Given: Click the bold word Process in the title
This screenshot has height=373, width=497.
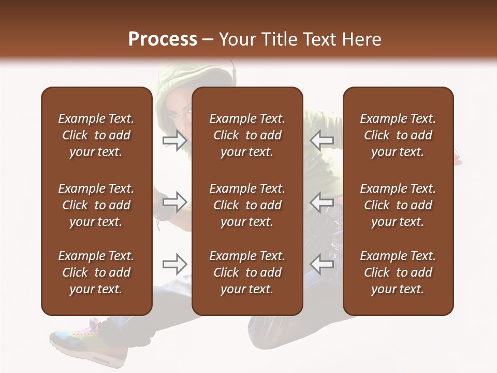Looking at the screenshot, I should pyautogui.click(x=163, y=39).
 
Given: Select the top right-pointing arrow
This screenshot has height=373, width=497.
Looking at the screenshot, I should pyautogui.click(x=174, y=140).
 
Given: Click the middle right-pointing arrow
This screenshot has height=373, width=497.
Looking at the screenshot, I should pyautogui.click(x=174, y=202).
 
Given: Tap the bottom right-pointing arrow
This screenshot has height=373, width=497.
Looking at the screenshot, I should pyautogui.click(x=174, y=264).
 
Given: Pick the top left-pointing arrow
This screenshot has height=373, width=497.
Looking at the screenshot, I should pyautogui.click(x=321, y=140).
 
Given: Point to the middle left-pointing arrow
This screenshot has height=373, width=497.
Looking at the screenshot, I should pyautogui.click(x=321, y=202).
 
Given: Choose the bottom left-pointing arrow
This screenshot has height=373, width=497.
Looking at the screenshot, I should pyautogui.click(x=321, y=264).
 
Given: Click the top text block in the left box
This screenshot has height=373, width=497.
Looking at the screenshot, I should pyautogui.click(x=96, y=135).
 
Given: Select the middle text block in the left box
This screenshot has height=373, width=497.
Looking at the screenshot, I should pyautogui.click(x=96, y=205).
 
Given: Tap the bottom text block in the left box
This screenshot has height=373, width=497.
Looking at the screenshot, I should pyautogui.click(x=96, y=272).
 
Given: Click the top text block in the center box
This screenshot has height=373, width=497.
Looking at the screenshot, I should pyautogui.click(x=247, y=135).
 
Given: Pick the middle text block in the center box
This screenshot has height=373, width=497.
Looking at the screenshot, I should pyautogui.click(x=247, y=205).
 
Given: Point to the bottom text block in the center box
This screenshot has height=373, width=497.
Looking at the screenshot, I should pyautogui.click(x=247, y=272).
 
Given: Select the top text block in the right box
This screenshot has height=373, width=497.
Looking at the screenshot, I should pyautogui.click(x=398, y=135).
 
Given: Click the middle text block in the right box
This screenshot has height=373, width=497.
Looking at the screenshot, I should pyautogui.click(x=398, y=205).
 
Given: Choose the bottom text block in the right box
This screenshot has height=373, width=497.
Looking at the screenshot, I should pyautogui.click(x=398, y=272).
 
